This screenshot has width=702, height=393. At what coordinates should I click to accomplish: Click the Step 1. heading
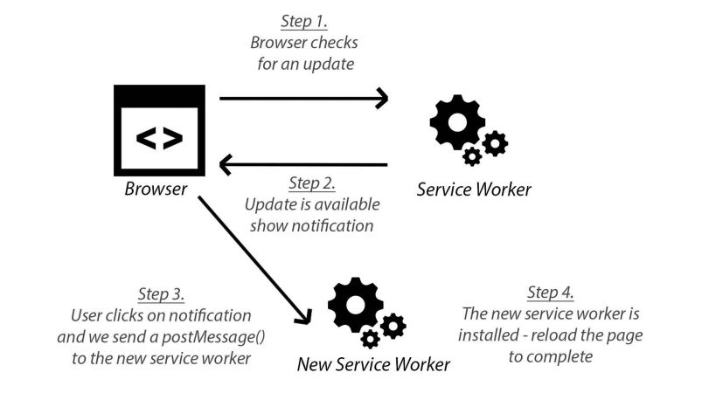tap(304, 22)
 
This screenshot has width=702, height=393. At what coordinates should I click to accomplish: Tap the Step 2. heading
tap(312, 183)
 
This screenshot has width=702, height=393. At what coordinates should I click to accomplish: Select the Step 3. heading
tap(161, 294)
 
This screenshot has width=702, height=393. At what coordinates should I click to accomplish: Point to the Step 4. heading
tap(550, 293)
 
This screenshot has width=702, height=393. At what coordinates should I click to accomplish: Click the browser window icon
tap(159, 130)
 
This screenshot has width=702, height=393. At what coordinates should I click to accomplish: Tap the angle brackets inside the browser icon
tap(159, 138)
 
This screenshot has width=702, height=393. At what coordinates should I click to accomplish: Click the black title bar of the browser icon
tap(159, 95)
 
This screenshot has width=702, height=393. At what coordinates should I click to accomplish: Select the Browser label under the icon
tap(156, 189)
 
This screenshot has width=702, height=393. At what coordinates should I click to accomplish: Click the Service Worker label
tap(474, 190)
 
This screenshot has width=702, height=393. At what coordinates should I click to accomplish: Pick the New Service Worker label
tap(373, 364)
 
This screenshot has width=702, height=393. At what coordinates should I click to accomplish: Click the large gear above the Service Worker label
tap(457, 122)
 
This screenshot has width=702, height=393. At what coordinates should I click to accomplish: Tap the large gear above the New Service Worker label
tap(356, 305)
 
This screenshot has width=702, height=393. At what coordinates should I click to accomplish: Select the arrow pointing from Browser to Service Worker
tap(304, 99)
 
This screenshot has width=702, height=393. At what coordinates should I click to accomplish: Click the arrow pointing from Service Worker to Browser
tap(303, 164)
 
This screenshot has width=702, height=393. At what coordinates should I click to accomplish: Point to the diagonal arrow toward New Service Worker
tap(254, 259)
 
